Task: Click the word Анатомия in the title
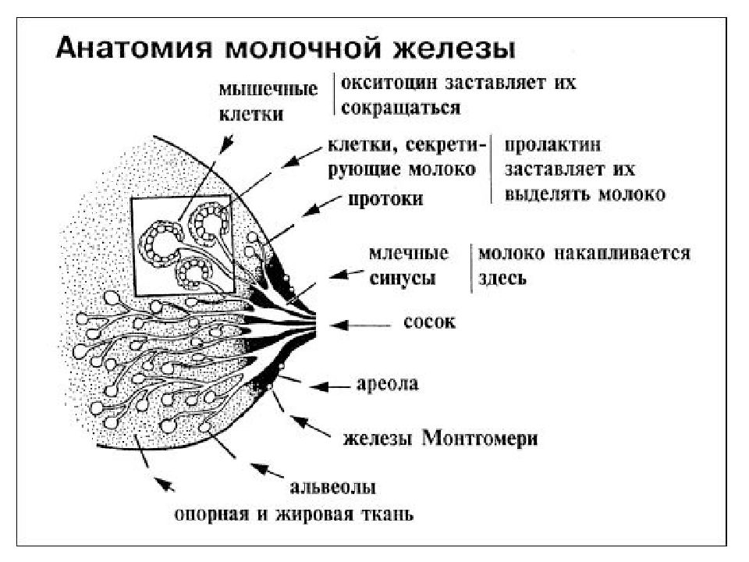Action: coord(133,48)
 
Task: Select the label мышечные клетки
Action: coord(268,102)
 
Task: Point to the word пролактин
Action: coord(552,145)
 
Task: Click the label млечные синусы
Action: coord(409,265)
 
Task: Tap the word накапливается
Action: coord(623,253)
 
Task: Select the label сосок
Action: coord(429,322)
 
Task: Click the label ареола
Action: coord(388,384)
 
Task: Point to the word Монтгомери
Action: coord(480,438)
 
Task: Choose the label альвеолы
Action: coord(332,487)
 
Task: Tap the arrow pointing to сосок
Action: coord(360,325)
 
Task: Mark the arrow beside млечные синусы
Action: coord(346,274)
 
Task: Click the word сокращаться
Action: coord(400,108)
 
